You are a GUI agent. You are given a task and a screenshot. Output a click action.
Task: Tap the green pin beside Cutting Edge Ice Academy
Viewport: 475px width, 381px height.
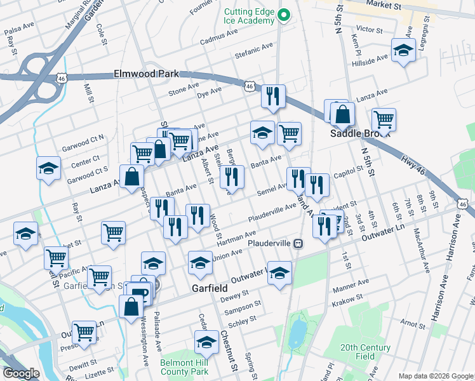(285, 15)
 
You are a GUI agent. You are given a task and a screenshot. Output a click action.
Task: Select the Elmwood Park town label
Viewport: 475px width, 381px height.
(147, 74)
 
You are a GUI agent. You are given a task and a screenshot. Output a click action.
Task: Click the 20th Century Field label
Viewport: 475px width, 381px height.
(365, 352)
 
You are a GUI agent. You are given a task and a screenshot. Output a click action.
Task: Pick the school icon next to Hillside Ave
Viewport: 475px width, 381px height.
(403, 51)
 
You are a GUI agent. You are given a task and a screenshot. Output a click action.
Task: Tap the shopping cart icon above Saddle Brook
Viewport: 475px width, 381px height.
(384, 118)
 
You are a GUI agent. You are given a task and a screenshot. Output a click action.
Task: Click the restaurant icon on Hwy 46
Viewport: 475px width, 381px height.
(273, 97)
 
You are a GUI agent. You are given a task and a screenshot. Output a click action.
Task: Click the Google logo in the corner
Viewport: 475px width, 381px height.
(22, 373)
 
